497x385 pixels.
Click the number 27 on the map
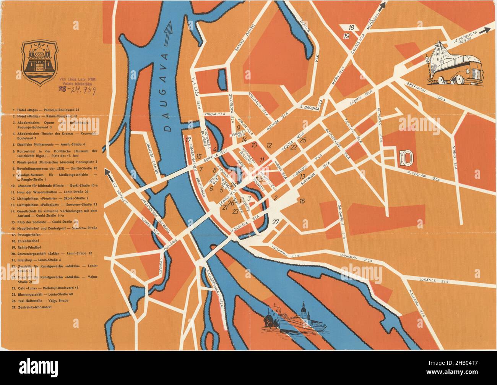click(276, 222)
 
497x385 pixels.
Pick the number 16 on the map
click(302, 201)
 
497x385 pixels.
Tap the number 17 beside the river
click(188, 139)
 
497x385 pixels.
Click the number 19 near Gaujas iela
click(346, 36)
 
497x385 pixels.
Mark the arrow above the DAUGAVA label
click(167, 32)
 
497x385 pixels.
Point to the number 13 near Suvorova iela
click(302, 176)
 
